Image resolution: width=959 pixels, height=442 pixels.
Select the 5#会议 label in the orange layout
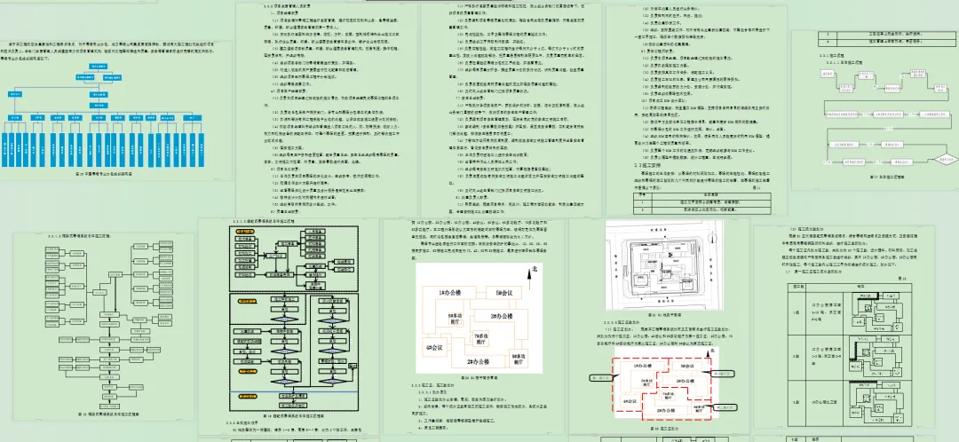pyautogui.click(x=503, y=293)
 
